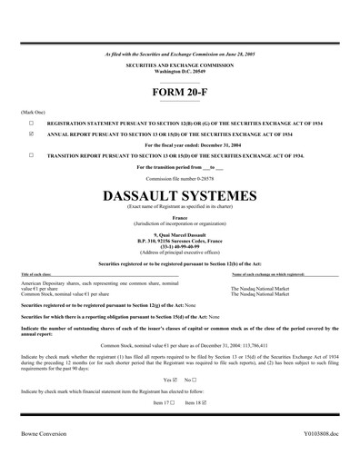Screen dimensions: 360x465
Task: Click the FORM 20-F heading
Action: [x=179, y=94]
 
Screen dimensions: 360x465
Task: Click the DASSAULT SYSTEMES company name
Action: [x=179, y=195]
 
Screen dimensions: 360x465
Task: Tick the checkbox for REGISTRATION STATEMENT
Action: [x=31, y=121]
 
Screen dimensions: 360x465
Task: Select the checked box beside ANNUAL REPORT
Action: [x=31, y=133]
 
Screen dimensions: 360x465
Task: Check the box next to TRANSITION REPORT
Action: [x=31, y=155]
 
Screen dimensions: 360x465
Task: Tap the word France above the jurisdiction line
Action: [x=179, y=216]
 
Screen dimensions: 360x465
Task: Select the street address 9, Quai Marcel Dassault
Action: [x=179, y=233]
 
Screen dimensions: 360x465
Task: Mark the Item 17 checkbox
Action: [x=172, y=401]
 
